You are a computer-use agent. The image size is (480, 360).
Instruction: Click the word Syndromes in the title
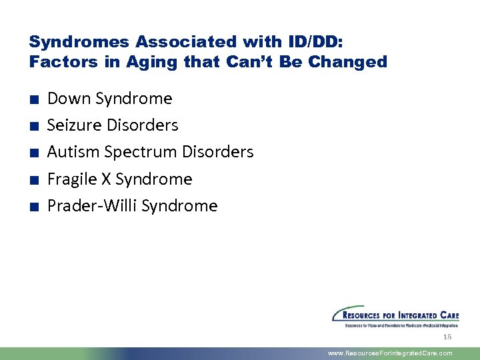pos(79,41)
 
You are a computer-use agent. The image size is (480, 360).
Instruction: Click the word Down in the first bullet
pos(69,99)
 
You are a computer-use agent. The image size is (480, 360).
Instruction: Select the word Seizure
pos(75,125)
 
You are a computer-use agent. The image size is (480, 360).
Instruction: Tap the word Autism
pos(73,152)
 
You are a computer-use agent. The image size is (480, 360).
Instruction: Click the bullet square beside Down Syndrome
pos(33,100)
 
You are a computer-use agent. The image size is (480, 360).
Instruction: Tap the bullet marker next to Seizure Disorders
pos(33,127)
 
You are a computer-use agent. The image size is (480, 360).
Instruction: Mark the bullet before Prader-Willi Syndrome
pos(33,207)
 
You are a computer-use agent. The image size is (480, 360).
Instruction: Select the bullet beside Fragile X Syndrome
pos(33,181)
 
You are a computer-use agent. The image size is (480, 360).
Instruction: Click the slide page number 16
pos(447,337)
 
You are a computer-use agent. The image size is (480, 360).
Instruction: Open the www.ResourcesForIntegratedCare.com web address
pos(390,353)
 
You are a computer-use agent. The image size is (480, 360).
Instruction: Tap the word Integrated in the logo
pos(413,315)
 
